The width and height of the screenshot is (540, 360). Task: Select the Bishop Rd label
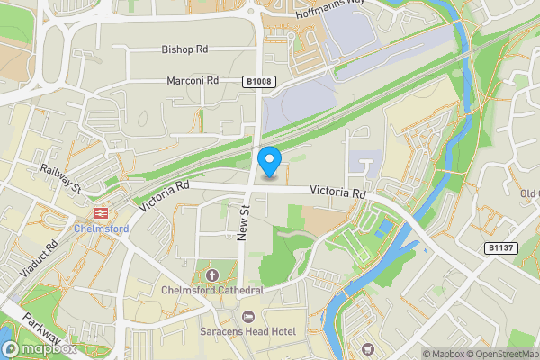[184, 49]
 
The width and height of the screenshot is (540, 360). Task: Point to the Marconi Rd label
[193, 81]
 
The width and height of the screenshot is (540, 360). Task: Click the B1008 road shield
[258, 82]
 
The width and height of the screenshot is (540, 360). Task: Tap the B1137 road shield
[499, 247]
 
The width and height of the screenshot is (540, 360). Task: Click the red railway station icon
[100, 213]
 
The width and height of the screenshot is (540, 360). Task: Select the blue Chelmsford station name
[100, 228]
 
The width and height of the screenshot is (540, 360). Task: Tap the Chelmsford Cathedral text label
[212, 290]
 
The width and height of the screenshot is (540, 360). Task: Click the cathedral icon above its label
[212, 274]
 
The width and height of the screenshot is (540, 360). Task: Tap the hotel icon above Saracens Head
[249, 316]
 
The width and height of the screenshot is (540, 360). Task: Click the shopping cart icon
[367, 348]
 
